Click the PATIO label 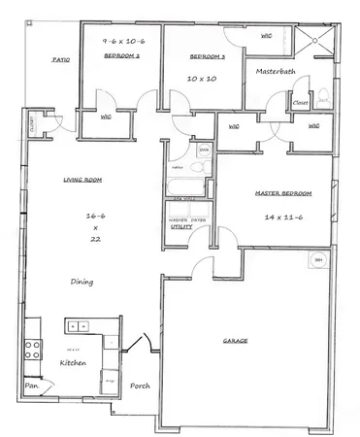[x=59, y=61]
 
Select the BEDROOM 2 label [x=123, y=57]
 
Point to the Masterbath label [x=275, y=72]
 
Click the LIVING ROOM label [x=84, y=180]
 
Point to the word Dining [x=82, y=282]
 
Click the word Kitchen [x=76, y=362]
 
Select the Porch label [x=139, y=385]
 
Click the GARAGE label [x=235, y=342]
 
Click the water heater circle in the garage [x=317, y=260]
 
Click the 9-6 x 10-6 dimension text [x=123, y=42]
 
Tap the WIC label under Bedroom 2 [x=106, y=118]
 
